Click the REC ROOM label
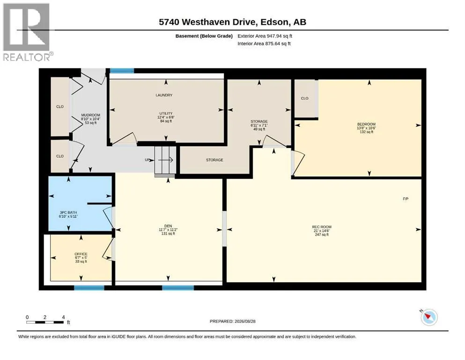322,227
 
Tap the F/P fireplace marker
406,199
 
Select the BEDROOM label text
366,124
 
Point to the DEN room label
168,226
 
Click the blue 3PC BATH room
80,203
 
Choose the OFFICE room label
81,254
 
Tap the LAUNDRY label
164,95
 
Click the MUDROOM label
91,115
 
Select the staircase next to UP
165,160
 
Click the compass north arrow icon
429,317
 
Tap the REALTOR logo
27,32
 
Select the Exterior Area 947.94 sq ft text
265,36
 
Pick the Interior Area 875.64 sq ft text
264,44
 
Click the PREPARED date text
232,321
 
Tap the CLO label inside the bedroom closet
304,98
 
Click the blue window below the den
178,288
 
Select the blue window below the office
89,288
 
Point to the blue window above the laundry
122,71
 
